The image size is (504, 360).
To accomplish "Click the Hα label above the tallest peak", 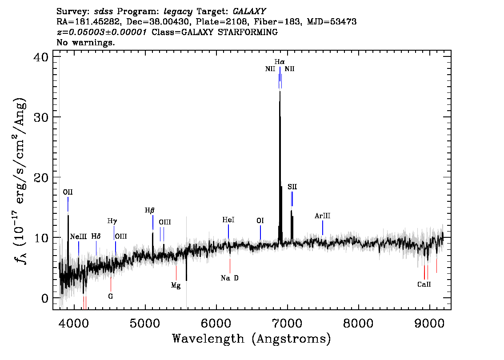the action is coord(279,62).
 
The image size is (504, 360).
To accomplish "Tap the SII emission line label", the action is coord(292,187).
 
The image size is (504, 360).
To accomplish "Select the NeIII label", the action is coord(78,236).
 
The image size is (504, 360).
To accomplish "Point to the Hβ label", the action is coord(149,211).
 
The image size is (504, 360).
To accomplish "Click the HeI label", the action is coord(228,220).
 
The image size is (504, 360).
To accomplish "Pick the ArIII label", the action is coord(322,216).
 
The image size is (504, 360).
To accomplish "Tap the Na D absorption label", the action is coord(229,278).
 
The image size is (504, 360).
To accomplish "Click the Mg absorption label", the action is coord(176,285).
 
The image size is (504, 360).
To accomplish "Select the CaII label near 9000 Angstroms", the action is coord(424,284).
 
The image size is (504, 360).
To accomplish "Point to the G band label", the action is coord(111,296).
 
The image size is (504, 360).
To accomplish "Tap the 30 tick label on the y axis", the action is coord(41,117).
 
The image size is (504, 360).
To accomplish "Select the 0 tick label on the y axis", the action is coord(45,298).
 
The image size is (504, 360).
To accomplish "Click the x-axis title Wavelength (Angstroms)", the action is coord(252,339).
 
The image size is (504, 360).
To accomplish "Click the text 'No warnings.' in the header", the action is coord(85,42).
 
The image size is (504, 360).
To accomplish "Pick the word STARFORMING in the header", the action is coord(248,32).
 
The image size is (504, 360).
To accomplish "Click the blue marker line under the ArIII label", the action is coord(322,228).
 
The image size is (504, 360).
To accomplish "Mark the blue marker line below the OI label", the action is coord(260,233).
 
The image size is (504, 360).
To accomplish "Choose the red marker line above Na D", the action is coord(230,266).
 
